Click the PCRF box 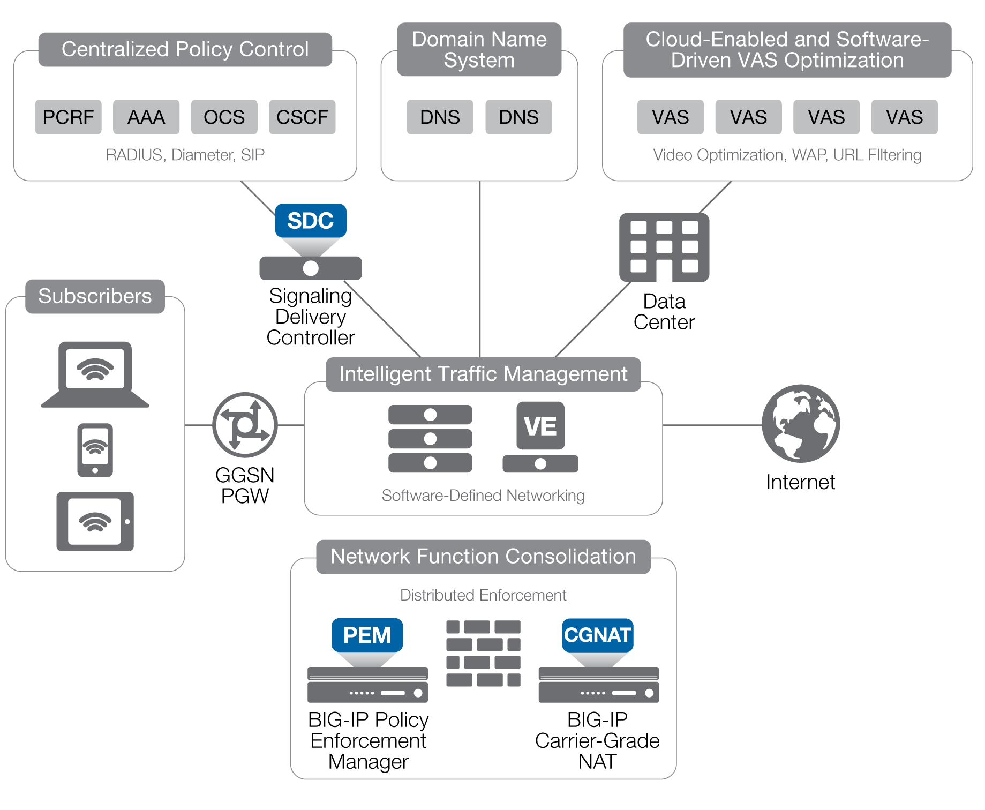(68, 117)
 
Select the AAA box (146, 117)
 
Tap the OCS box (224, 117)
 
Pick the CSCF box (302, 117)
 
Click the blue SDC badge (311, 221)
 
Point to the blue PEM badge (367, 635)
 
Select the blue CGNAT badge (598, 635)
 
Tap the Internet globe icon (801, 423)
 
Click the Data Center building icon (664, 247)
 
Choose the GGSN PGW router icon (245, 425)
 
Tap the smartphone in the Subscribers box (95, 450)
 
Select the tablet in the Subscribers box (95, 521)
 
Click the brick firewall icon (483, 653)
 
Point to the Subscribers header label (95, 296)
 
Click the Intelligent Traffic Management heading (483, 374)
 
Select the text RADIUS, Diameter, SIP (185, 155)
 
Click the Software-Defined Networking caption (483, 496)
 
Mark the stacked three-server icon (430, 439)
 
